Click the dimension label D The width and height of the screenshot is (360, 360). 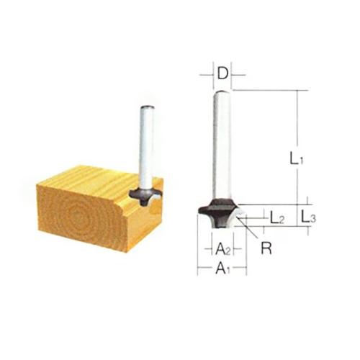222,74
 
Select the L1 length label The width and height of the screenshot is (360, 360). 297,158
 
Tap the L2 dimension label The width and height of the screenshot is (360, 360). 277,218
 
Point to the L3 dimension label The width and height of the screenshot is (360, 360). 309,217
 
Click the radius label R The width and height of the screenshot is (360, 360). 266,248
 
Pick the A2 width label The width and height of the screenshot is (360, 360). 222,249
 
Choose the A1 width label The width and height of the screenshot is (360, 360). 222,268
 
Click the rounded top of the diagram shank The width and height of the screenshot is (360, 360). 222,92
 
